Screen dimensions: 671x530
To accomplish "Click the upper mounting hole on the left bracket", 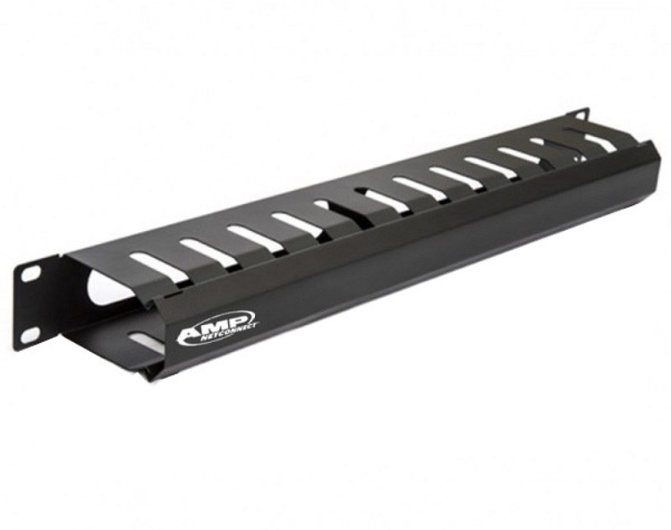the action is (x=30, y=273).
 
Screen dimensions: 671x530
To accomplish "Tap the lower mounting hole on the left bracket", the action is (x=30, y=335).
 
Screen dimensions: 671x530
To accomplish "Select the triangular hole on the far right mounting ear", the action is (x=580, y=115).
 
